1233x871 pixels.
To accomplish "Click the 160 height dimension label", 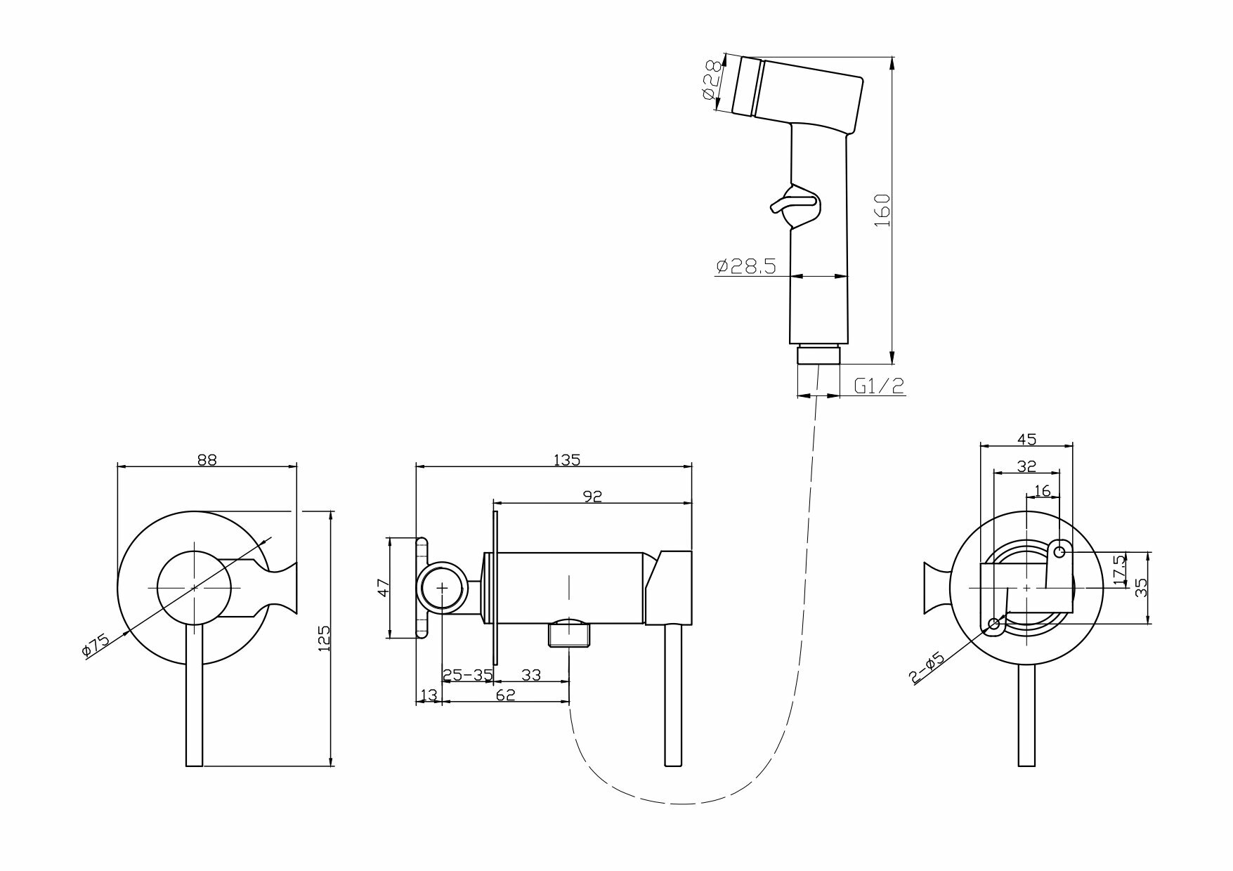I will pyautogui.click(x=883, y=209).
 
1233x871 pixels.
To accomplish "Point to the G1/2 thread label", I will pyautogui.click(x=879, y=386).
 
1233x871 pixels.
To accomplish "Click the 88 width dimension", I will pyautogui.click(x=207, y=460).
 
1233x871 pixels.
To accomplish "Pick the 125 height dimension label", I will pyautogui.click(x=324, y=638).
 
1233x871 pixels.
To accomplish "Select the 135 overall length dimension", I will pyautogui.click(x=567, y=460).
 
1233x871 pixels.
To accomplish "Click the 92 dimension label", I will pyautogui.click(x=593, y=497).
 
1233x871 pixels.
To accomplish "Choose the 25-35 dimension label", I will pyautogui.click(x=467, y=676).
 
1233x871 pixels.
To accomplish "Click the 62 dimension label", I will pyautogui.click(x=506, y=695).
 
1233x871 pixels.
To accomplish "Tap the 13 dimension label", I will pyautogui.click(x=428, y=695).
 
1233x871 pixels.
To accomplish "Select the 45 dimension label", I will pyautogui.click(x=1026, y=440).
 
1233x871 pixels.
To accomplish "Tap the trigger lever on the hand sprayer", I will pyautogui.click(x=792, y=204).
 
